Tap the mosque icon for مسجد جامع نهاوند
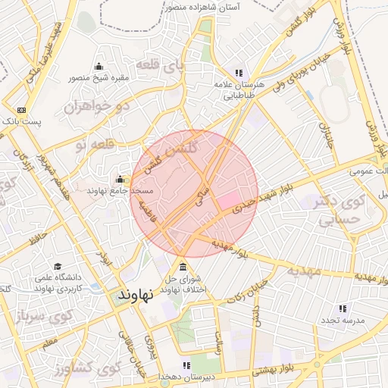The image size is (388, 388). pyautogui.click(x=120, y=180)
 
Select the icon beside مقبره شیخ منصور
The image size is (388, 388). pyautogui.click(x=99, y=66)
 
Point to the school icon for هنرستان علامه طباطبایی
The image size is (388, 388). pyautogui.click(x=239, y=73)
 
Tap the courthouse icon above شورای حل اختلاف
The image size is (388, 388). pyautogui.click(x=183, y=266)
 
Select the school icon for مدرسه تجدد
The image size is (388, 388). pyautogui.click(x=343, y=308)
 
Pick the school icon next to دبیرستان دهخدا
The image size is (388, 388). pyautogui.click(x=186, y=365)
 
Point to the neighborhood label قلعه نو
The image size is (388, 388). pyautogui.click(x=95, y=142)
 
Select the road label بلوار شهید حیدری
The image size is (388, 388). pyautogui.click(x=258, y=198)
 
